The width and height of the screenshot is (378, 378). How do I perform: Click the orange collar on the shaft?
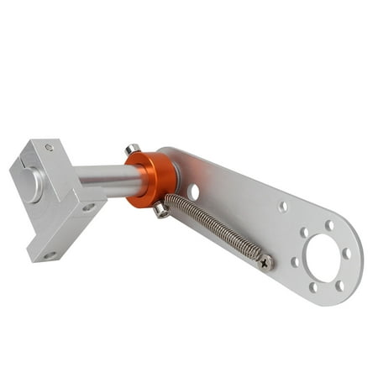[153, 178]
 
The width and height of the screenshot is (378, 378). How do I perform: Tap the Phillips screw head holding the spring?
[265, 263]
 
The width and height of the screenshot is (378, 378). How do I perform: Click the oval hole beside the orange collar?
[194, 192]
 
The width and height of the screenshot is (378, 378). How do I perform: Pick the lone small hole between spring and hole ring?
[283, 206]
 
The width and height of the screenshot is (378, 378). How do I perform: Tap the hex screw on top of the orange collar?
[132, 150]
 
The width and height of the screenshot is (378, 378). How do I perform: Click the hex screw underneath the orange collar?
[160, 211]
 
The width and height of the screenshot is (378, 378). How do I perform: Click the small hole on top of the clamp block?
[49, 148]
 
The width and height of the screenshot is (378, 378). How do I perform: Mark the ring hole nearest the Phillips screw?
[295, 262]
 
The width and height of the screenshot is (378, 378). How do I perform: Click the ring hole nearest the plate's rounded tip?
[346, 253]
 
